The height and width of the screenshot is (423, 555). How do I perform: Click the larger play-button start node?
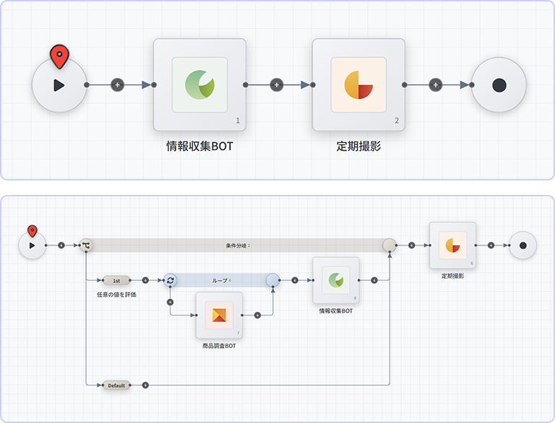(x=59, y=85)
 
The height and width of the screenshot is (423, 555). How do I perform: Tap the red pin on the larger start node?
(x=59, y=56)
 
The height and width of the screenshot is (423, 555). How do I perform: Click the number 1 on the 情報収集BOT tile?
(x=238, y=121)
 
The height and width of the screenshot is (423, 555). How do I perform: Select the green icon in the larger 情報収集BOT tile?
(x=199, y=84)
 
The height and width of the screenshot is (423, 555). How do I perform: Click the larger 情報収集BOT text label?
(x=199, y=147)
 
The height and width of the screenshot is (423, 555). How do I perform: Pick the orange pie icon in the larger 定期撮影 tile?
(x=358, y=84)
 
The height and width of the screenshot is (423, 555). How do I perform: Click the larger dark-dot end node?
(x=499, y=85)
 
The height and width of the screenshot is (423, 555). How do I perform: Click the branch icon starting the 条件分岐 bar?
(x=86, y=245)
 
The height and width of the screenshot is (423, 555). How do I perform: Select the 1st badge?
(x=116, y=280)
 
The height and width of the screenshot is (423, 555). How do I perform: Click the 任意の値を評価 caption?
(x=116, y=295)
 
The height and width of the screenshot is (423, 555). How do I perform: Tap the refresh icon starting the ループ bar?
(x=170, y=280)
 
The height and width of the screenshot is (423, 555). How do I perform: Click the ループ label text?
(x=220, y=280)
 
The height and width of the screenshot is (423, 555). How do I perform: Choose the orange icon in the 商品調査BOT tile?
(x=219, y=315)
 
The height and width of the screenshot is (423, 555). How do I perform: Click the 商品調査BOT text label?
(x=219, y=346)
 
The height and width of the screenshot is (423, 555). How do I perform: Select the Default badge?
(x=116, y=385)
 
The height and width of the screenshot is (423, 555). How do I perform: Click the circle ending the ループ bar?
(x=272, y=280)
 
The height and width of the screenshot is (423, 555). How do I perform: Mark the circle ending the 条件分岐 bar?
(x=390, y=245)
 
